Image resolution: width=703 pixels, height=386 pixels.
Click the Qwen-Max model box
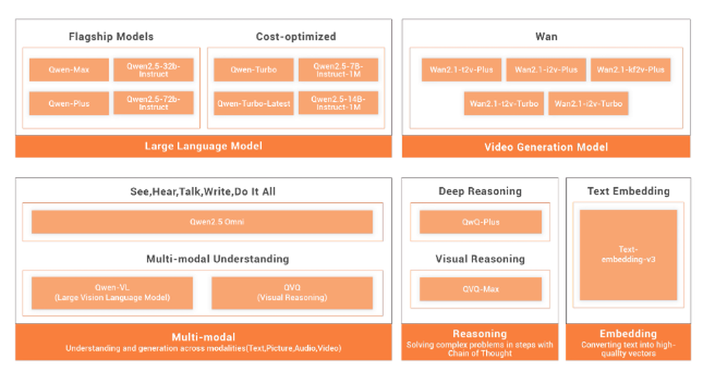pyautogui.click(x=69, y=69)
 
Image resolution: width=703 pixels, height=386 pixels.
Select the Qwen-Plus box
pyautogui.click(x=69, y=103)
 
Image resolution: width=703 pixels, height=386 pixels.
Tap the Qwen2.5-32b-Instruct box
pyautogui.click(x=153, y=69)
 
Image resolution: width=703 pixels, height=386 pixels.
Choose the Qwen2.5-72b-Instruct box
pyautogui.click(x=153, y=103)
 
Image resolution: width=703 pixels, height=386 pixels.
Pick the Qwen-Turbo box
pyautogui.click(x=254, y=69)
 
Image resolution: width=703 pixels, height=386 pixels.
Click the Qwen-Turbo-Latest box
pyautogui.click(x=254, y=103)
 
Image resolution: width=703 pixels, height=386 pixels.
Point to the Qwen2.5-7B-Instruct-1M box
pyautogui.click(x=338, y=69)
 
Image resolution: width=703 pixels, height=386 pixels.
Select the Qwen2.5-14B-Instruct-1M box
pyautogui.click(x=338, y=103)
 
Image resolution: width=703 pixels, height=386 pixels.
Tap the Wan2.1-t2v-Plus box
pyautogui.click(x=462, y=69)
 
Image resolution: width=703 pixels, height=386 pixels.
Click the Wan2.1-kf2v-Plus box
pyautogui.click(x=631, y=69)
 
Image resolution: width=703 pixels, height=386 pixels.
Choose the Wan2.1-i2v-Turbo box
pyautogui.click(x=588, y=103)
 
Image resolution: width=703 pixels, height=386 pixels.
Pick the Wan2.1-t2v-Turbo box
pyautogui.click(x=504, y=103)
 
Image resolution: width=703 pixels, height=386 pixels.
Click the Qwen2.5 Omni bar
pyautogui.click(x=202, y=222)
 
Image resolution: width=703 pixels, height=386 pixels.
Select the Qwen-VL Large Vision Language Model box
pyautogui.click(x=112, y=293)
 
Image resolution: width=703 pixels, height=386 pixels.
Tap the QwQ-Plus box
pyautogui.click(x=481, y=222)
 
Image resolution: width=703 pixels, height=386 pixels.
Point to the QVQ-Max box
pyautogui.click(x=481, y=289)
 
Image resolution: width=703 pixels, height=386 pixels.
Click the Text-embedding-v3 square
pyautogui.click(x=628, y=254)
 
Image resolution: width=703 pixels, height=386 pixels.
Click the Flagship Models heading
pyautogui.click(x=111, y=36)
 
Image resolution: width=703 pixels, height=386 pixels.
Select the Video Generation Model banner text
pyautogui.click(x=546, y=147)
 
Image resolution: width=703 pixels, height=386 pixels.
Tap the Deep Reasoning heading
pyautogui.click(x=480, y=191)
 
